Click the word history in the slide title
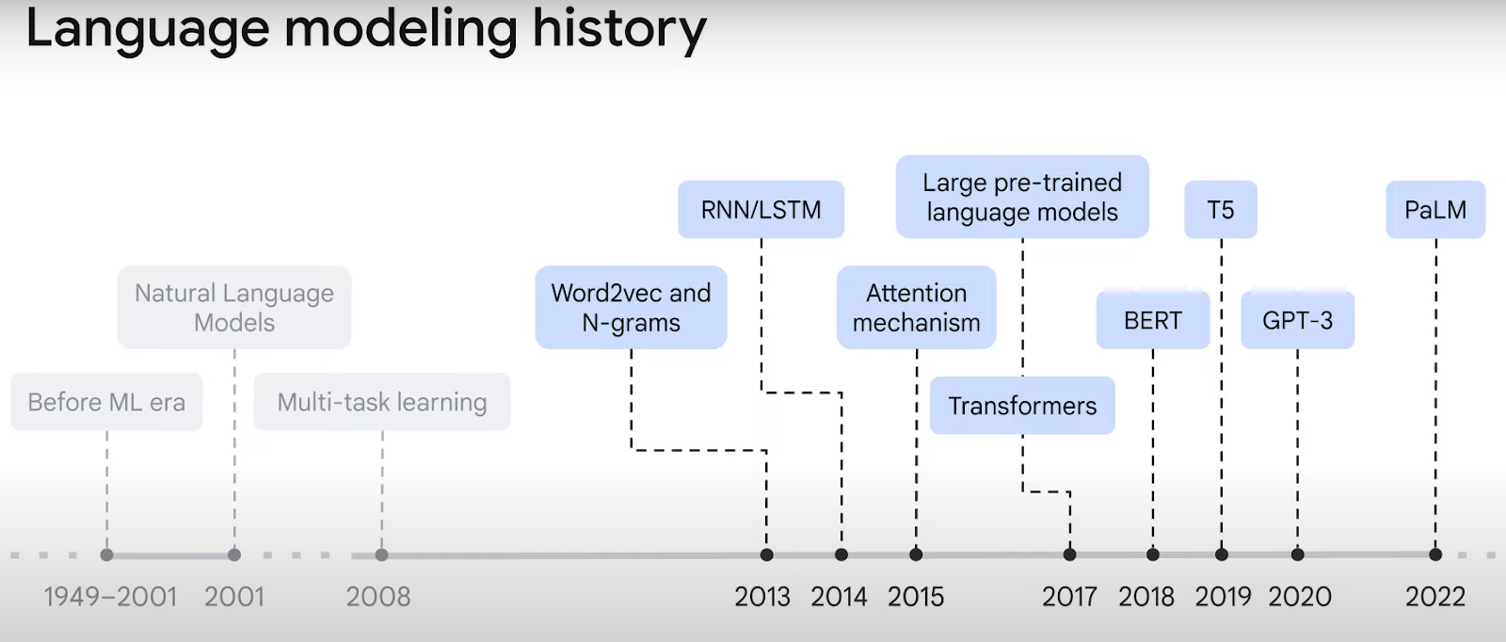(x=618, y=30)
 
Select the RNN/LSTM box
(x=761, y=209)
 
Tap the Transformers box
(x=1022, y=406)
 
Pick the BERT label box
(x=1153, y=320)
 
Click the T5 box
(x=1220, y=209)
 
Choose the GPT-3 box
(x=1298, y=320)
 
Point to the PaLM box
(x=1435, y=209)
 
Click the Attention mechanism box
(x=917, y=307)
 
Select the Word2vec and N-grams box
(x=631, y=307)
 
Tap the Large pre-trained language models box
(x=1022, y=197)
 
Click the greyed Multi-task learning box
(x=382, y=402)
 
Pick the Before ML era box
(x=106, y=402)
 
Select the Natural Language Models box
(x=234, y=307)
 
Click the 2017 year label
(x=1069, y=596)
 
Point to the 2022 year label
(x=1435, y=596)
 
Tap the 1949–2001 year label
(x=110, y=596)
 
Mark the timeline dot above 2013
(x=766, y=554)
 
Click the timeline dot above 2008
(x=382, y=554)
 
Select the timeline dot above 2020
(x=1298, y=554)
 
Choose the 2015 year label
(x=916, y=596)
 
